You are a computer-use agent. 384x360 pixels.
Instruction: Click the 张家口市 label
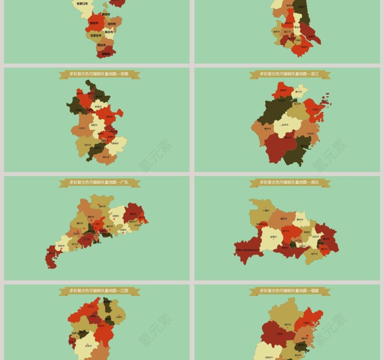[x=82, y=4]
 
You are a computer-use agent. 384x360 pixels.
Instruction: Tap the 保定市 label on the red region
[x=94, y=23]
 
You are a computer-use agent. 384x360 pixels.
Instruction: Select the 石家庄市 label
[x=95, y=35]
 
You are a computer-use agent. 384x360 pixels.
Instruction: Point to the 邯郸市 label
[x=106, y=53]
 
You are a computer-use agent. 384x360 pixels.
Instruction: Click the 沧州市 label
[x=112, y=23]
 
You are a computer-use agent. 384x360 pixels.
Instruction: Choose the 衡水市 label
[x=109, y=32]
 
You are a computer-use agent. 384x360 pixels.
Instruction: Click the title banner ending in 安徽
[x=99, y=74]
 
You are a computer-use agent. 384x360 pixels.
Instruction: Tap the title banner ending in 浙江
[x=290, y=74]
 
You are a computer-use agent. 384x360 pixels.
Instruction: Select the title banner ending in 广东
[x=99, y=182]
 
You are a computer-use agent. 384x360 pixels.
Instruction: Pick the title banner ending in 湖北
[x=290, y=182]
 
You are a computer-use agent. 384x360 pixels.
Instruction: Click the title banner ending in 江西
[x=99, y=291]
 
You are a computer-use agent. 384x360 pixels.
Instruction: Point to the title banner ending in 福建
[x=290, y=291]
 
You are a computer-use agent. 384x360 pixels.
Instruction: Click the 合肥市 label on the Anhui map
[x=94, y=125]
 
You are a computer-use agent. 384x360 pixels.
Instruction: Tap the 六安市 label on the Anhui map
[x=82, y=128]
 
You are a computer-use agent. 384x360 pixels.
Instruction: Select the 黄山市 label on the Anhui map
[x=107, y=157]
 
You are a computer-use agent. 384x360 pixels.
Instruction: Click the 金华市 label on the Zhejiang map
[x=285, y=125]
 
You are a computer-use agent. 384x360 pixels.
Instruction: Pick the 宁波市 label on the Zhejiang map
[x=315, y=110]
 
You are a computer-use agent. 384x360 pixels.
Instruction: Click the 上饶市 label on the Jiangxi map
[x=118, y=317]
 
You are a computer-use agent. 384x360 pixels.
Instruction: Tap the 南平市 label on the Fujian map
[x=288, y=324]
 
